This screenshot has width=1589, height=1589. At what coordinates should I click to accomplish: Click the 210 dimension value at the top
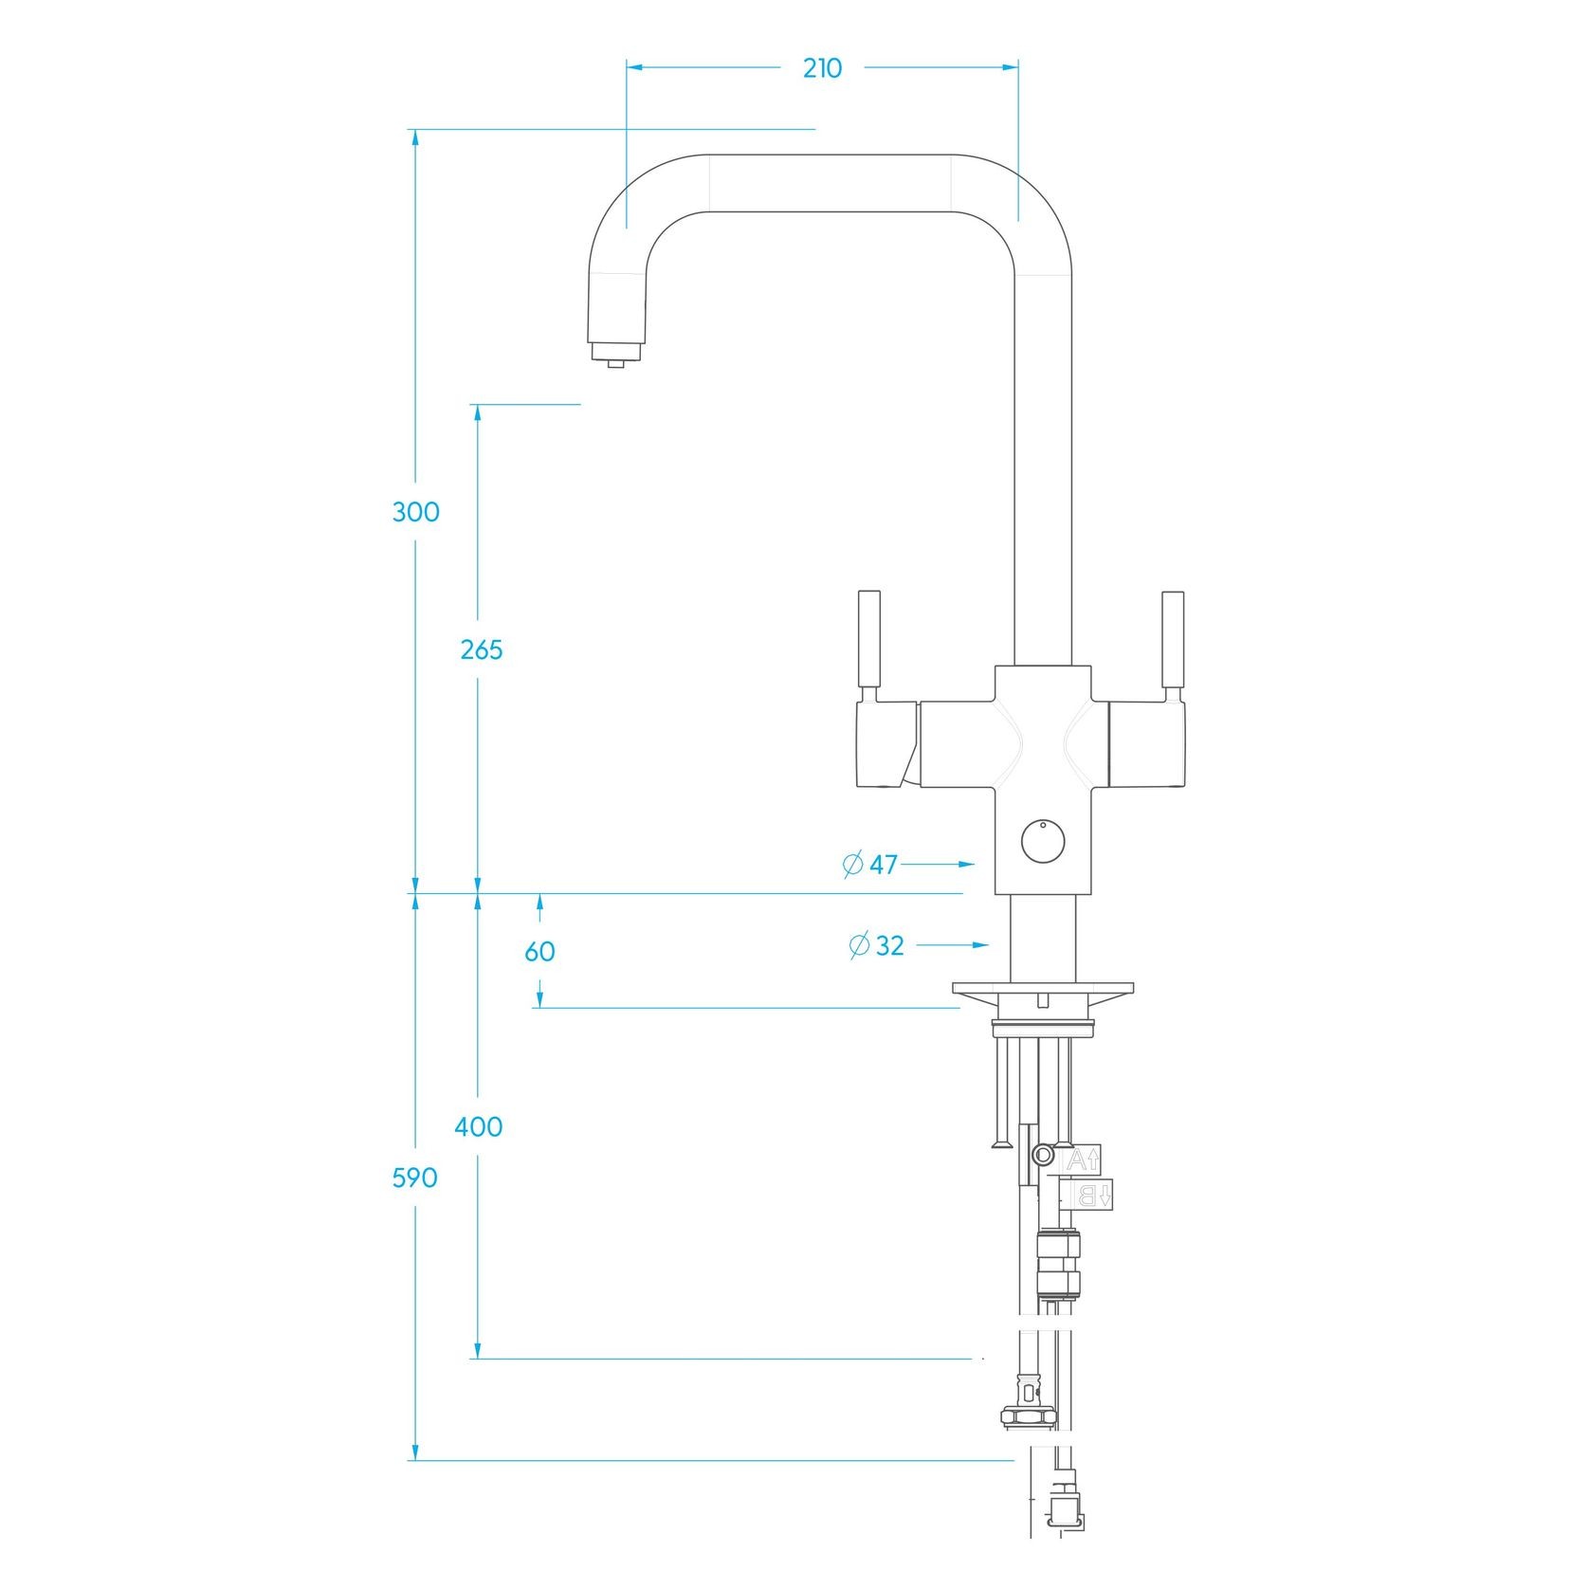822,68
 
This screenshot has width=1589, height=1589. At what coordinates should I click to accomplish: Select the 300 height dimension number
416,512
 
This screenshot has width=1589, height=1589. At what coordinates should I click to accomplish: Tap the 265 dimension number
482,650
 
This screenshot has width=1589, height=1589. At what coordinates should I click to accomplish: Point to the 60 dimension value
539,951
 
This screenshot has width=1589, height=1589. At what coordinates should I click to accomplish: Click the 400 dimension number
479,1127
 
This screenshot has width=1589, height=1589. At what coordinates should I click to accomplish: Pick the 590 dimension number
415,1178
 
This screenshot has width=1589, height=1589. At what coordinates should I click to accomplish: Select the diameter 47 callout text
870,865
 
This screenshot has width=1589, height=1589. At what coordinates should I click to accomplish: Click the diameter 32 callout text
877,945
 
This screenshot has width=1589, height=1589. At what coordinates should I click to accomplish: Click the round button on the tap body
1042,842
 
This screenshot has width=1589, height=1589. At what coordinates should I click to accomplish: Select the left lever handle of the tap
868,641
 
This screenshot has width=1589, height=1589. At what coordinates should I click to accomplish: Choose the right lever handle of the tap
1173,641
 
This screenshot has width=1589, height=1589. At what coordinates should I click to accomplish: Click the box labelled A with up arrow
1083,1159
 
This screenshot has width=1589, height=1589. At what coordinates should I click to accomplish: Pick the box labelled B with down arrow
1093,1196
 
